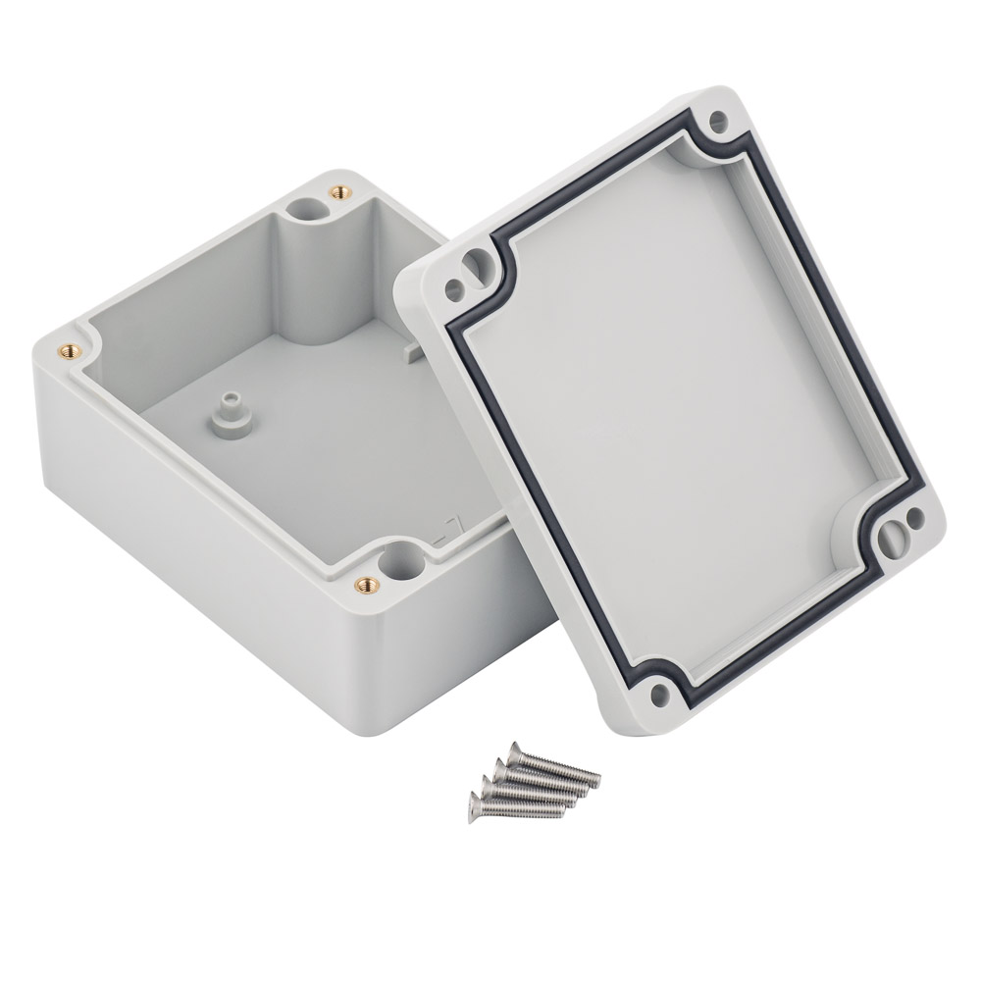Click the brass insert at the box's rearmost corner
(x=340, y=190)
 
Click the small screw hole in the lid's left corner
(x=453, y=289)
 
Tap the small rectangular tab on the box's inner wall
(x=412, y=348)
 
